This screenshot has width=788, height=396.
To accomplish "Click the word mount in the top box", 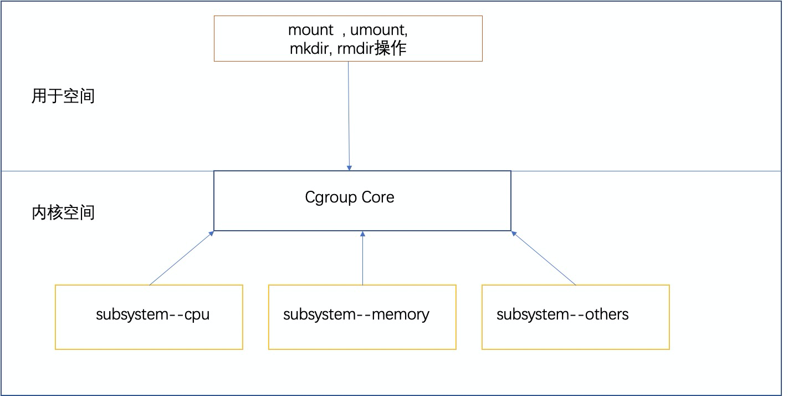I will pyautogui.click(x=310, y=30).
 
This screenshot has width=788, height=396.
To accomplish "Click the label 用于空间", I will pyautogui.click(x=63, y=96).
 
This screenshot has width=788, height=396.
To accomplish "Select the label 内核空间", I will pyautogui.click(x=63, y=212).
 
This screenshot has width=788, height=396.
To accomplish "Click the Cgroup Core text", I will pyautogui.click(x=350, y=197).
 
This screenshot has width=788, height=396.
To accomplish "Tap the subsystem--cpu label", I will pyautogui.click(x=153, y=314).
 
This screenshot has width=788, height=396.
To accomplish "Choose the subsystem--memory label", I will pyautogui.click(x=356, y=314).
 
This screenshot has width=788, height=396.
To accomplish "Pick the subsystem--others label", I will pyautogui.click(x=562, y=314).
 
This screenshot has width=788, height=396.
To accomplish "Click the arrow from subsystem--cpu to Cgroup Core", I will pyautogui.click(x=181, y=258).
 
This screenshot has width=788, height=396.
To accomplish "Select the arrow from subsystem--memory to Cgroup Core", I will pyautogui.click(x=362, y=261).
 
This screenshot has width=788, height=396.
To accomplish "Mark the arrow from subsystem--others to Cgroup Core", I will pyautogui.click(x=544, y=258).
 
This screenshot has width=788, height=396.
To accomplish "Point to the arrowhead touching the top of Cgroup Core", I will pyautogui.click(x=349, y=167).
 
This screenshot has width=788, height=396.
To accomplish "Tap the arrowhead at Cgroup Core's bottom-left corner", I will pyautogui.click(x=211, y=233).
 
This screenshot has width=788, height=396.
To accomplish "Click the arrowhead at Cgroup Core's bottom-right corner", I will pyautogui.click(x=514, y=233).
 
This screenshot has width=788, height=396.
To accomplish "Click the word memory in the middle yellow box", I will pyautogui.click(x=400, y=314).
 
